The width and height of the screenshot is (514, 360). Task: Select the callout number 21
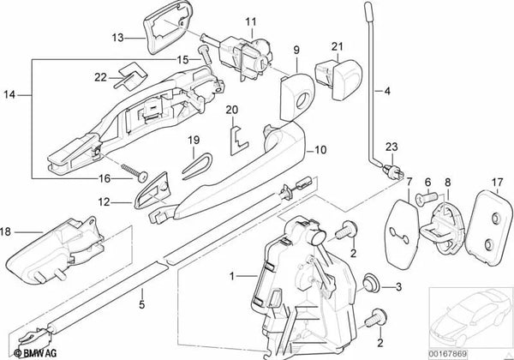tap(337, 45)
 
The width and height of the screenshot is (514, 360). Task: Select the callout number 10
tap(321, 148)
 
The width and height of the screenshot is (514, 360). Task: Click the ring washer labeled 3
tap(371, 282)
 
